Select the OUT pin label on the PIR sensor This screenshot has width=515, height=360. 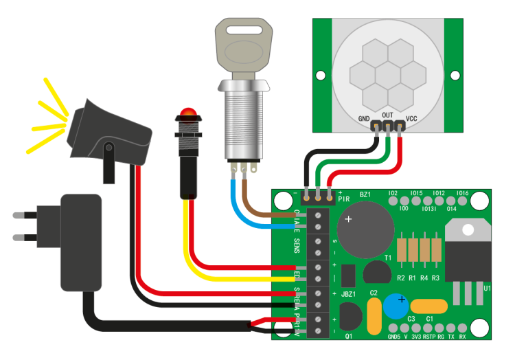[387, 115]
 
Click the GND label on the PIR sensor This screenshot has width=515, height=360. [364, 118]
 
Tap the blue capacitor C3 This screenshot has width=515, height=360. [400, 306]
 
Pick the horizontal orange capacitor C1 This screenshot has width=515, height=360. [429, 306]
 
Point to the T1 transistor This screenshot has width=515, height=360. [376, 272]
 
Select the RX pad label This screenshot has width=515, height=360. [462, 337]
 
